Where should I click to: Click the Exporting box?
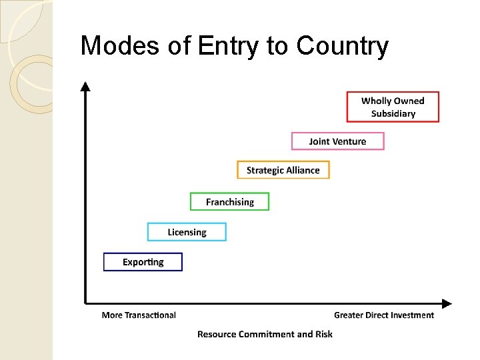[143, 261]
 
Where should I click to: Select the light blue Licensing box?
[187, 232]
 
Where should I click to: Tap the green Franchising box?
[229, 201]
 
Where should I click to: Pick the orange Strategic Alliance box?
[283, 170]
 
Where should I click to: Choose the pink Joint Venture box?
[337, 141]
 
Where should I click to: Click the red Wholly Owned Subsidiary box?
[393, 107]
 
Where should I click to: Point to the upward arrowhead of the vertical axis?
[85, 86]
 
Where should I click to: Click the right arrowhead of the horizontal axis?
[446, 304]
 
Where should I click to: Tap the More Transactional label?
[139, 315]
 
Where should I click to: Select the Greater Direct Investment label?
[383, 315]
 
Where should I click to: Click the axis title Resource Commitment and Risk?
[265, 334]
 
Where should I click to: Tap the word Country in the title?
[342, 46]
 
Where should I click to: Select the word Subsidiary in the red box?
[393, 113]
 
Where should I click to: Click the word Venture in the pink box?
[349, 141]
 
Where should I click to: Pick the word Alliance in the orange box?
[303, 170]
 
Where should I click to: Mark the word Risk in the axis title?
[324, 334]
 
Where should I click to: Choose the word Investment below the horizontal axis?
[413, 315]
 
